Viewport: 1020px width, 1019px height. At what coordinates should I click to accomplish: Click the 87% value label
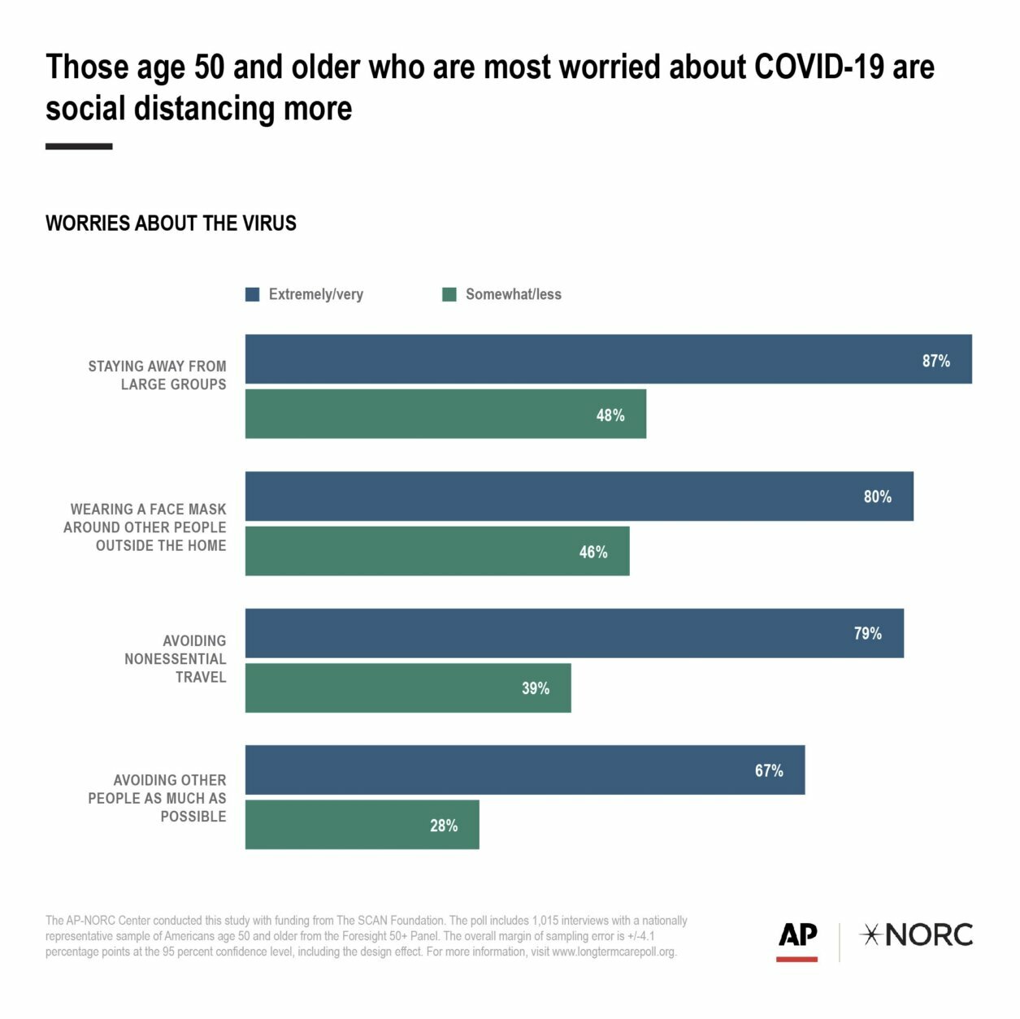[x=935, y=361]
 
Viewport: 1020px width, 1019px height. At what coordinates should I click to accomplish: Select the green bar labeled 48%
[x=445, y=414]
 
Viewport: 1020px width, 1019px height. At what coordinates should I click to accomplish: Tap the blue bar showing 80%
[x=579, y=496]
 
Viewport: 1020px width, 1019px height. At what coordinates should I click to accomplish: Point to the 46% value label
[x=593, y=553]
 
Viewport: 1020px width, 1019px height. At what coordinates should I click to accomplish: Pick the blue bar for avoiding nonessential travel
[x=574, y=633]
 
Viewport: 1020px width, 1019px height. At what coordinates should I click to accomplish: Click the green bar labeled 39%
[x=408, y=688]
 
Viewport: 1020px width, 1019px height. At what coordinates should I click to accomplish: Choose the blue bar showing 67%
[x=524, y=770]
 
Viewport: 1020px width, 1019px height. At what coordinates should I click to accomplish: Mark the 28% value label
[x=444, y=826]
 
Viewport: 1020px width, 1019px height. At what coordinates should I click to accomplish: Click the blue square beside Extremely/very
[x=253, y=294]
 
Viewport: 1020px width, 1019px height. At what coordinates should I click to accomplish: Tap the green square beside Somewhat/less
[x=449, y=294]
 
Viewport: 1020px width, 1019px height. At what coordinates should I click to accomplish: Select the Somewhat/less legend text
[x=513, y=294]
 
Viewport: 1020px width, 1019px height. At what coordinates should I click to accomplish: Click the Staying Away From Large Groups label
[x=158, y=375]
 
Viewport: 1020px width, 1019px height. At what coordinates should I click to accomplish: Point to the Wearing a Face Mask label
[x=145, y=527]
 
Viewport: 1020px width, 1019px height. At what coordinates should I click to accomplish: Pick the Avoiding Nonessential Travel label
[x=176, y=659]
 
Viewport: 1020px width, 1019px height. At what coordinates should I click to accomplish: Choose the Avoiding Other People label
[x=158, y=798]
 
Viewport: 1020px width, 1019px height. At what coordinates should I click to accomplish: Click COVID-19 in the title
[x=819, y=67]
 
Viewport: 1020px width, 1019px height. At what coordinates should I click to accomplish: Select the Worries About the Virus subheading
[x=171, y=223]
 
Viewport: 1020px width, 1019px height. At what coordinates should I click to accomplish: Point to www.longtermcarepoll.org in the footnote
[x=613, y=952]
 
